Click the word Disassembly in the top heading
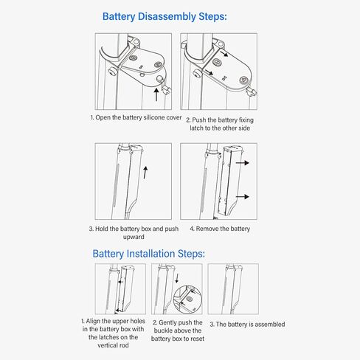167,17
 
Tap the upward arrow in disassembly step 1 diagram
156,94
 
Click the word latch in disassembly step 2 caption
196,128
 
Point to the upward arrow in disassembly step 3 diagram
145,173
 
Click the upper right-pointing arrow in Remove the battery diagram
243,163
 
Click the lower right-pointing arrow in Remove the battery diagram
243,196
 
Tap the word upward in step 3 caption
134,237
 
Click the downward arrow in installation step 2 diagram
176,278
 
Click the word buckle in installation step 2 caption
163,330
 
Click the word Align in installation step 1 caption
93,321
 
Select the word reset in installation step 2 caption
197,339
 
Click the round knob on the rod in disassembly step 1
113,72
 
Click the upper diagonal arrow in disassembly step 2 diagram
224,53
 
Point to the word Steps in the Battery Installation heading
191,254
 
